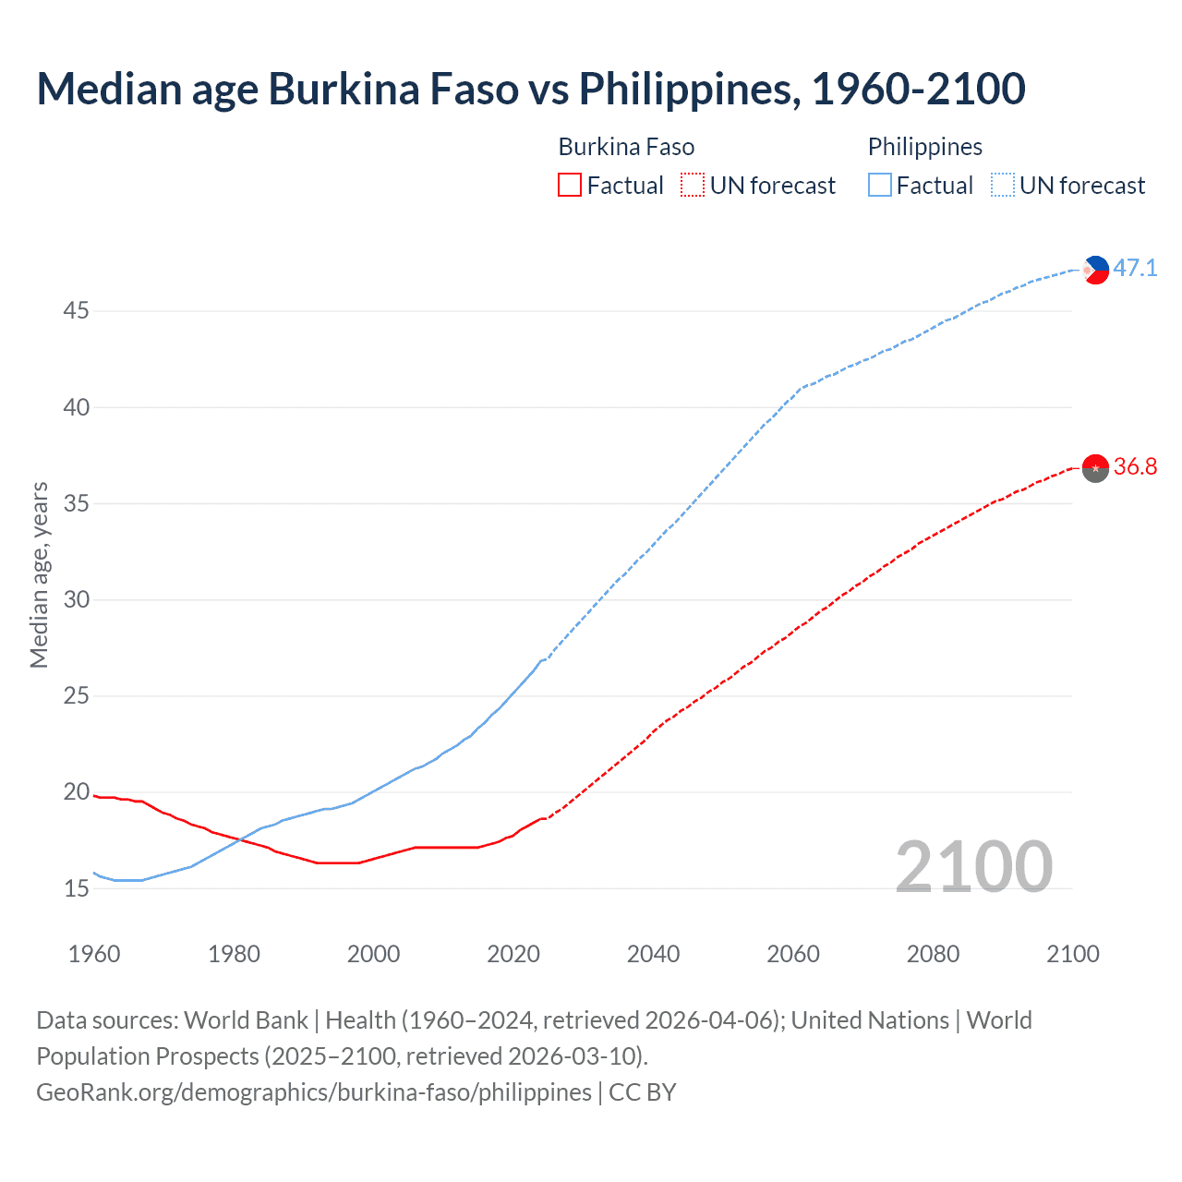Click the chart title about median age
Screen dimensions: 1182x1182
[531, 89]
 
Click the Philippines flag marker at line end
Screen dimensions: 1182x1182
[1095, 270]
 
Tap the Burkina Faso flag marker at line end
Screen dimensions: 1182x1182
[1095, 468]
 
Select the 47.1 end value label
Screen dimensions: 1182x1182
[1135, 269]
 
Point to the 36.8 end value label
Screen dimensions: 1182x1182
[1135, 467]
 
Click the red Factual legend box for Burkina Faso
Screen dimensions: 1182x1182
[570, 186]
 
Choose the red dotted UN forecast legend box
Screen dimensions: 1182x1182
[693, 186]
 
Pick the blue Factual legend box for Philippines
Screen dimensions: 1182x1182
[880, 186]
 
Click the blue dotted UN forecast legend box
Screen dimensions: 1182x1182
[1003, 186]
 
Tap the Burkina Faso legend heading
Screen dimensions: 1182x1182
[626, 147]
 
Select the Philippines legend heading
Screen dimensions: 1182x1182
[924, 147]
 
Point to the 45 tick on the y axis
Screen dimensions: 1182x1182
[76, 311]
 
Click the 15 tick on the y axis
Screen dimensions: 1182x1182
[76, 889]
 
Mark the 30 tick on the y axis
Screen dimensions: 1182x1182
[76, 600]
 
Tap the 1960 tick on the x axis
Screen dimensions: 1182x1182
[94, 954]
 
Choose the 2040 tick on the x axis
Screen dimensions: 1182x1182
[653, 954]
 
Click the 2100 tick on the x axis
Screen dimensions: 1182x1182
[1073, 954]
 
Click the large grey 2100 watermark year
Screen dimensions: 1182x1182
[973, 866]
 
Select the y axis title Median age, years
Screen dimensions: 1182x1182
[39, 574]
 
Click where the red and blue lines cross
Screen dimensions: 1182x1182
[240, 839]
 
